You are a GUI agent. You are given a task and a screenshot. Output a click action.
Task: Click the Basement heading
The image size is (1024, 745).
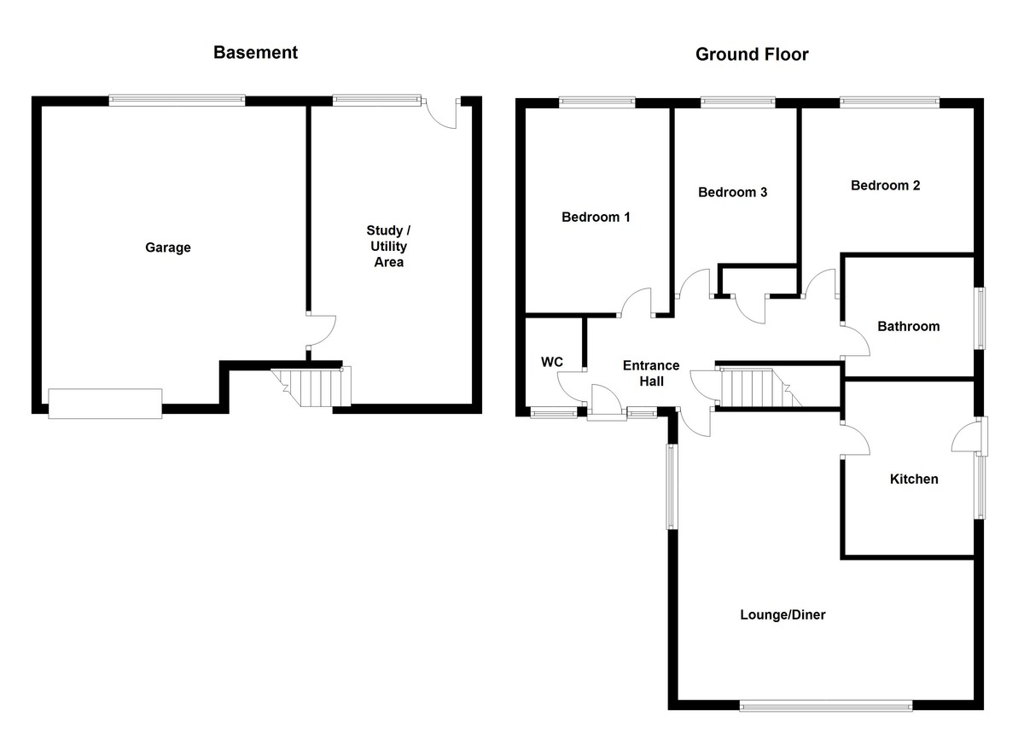click(255, 53)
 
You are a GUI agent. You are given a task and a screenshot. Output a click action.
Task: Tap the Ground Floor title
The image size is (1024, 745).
click(752, 55)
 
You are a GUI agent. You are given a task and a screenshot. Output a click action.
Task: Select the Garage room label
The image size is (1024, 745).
click(168, 247)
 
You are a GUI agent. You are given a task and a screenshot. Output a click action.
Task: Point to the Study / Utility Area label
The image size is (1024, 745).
click(388, 246)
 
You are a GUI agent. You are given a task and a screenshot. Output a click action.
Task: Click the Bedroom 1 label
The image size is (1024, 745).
click(596, 217)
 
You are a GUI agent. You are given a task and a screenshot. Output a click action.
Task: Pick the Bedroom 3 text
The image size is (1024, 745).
click(732, 192)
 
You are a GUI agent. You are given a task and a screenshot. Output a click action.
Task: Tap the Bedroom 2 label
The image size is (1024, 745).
click(885, 185)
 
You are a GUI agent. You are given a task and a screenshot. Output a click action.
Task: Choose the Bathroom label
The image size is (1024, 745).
click(908, 326)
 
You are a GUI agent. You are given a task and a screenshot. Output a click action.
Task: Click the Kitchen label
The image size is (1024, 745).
click(914, 479)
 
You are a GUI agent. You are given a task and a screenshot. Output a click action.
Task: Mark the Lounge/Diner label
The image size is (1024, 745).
click(783, 614)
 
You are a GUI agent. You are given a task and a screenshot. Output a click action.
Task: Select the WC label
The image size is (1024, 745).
click(552, 362)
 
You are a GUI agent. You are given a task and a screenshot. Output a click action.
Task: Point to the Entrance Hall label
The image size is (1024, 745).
click(651, 373)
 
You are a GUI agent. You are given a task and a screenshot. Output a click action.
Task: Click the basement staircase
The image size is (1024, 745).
click(311, 387)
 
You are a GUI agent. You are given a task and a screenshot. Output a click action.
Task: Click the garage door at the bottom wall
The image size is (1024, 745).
click(105, 403)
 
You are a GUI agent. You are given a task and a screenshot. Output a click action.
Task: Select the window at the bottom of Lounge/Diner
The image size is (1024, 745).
click(826, 707)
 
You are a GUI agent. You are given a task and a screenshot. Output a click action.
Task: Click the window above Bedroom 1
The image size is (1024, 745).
click(596, 102)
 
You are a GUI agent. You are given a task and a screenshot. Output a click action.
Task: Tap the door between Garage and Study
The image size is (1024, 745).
click(321, 330)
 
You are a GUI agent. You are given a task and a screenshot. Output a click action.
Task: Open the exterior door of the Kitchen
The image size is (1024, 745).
click(969, 436)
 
